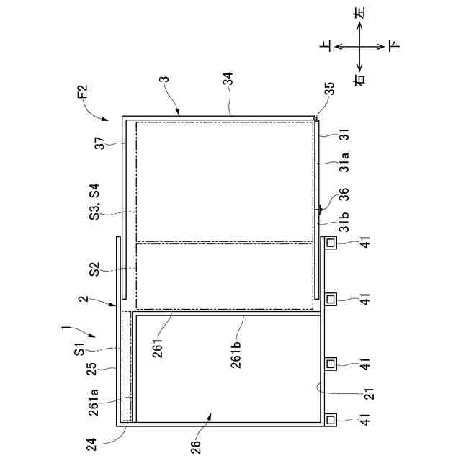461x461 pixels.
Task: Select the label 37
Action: (100, 143)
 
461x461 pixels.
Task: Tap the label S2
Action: (95, 270)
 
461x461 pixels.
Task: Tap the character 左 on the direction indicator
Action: (360, 12)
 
